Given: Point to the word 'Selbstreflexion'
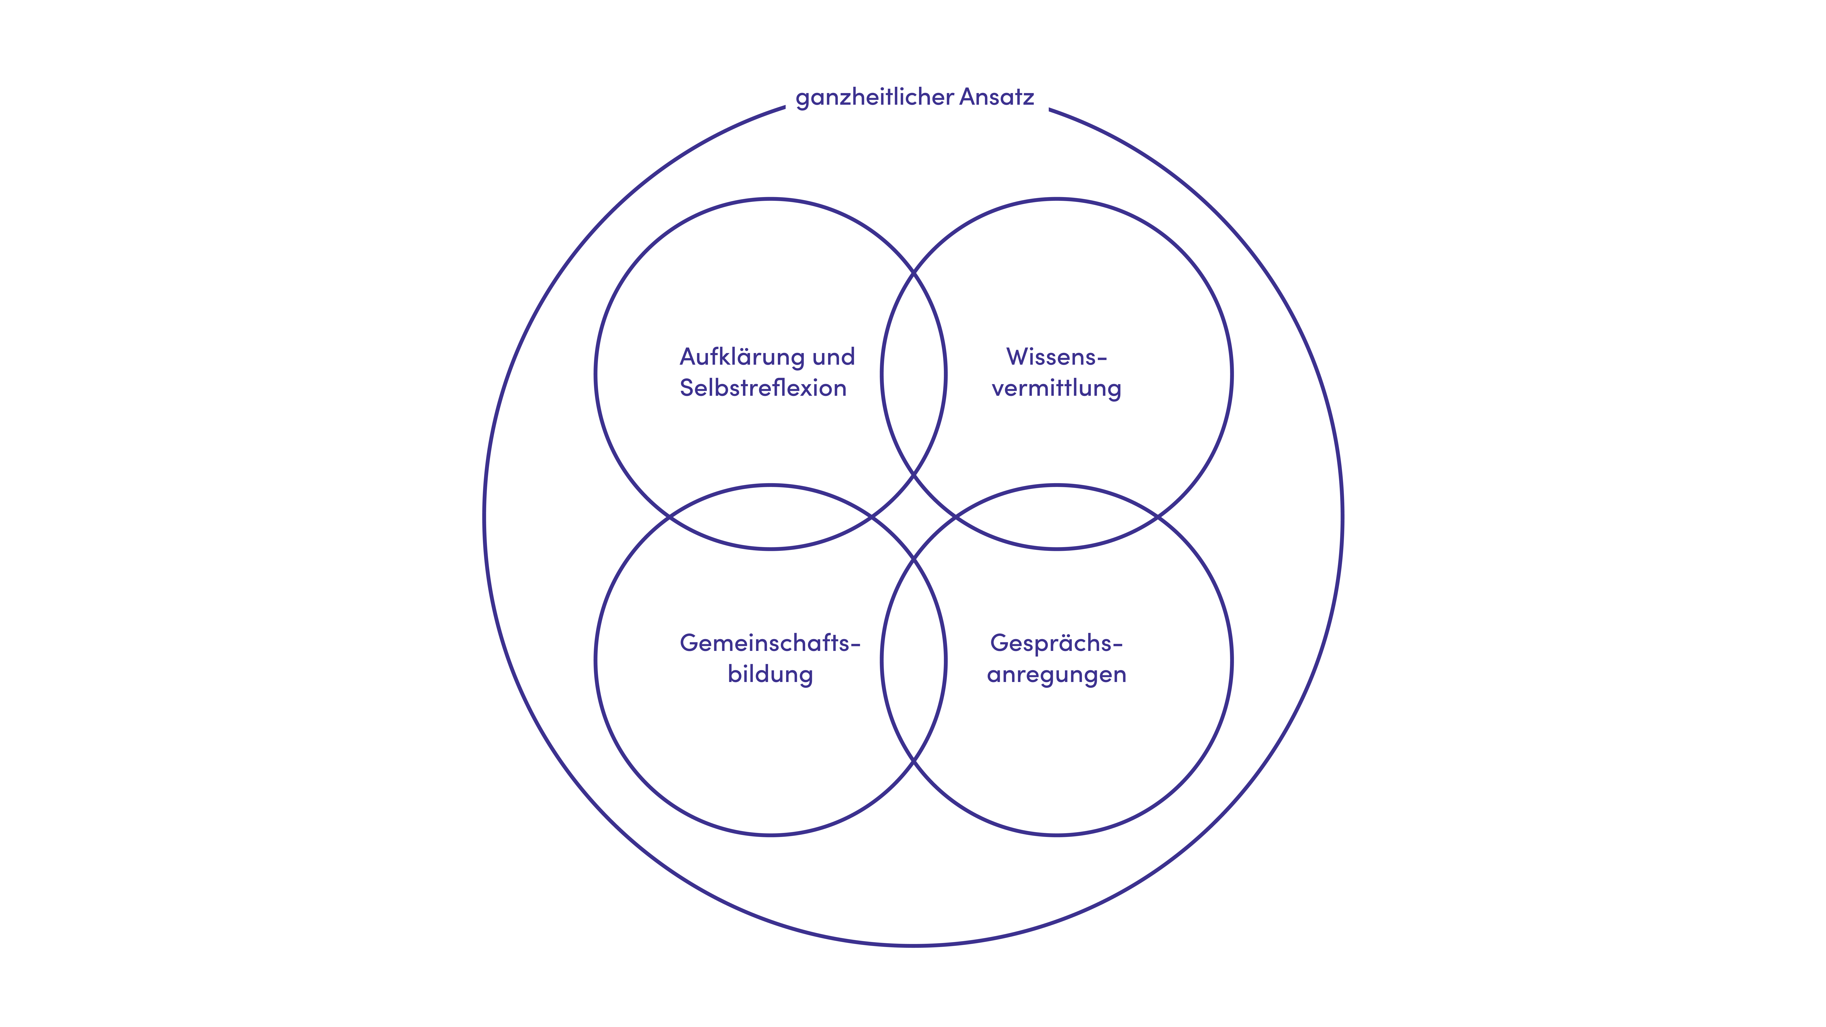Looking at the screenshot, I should pyautogui.click(x=763, y=388).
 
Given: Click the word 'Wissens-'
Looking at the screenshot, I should pyautogui.click(x=1055, y=357).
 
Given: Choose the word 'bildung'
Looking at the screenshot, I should pyautogui.click(x=770, y=674).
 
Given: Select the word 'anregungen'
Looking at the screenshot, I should pyautogui.click(x=1055, y=674).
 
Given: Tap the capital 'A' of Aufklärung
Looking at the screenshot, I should pyautogui.click(x=689, y=357).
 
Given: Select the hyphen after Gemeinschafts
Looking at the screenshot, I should pyautogui.click(x=856, y=644).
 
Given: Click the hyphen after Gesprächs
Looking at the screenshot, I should pyautogui.click(x=1118, y=644).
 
